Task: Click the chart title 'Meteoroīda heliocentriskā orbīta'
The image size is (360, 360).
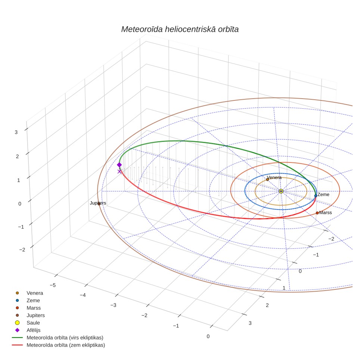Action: click(x=180, y=29)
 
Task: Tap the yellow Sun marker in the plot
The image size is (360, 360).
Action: click(x=281, y=191)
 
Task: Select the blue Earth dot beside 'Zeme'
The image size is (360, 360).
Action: click(x=316, y=196)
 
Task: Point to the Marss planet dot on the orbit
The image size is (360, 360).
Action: click(x=317, y=213)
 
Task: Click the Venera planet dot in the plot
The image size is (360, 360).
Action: click(x=267, y=180)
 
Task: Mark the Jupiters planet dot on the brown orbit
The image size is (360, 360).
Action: click(x=99, y=204)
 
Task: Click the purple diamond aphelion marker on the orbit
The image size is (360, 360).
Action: click(x=120, y=165)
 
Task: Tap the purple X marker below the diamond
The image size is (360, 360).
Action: click(x=120, y=171)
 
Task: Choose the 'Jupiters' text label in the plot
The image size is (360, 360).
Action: click(x=98, y=203)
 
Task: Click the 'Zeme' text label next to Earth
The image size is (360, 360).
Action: click(x=323, y=195)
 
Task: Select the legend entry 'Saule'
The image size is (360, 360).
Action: click(x=33, y=323)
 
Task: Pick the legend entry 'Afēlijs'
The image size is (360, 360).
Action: click(x=34, y=330)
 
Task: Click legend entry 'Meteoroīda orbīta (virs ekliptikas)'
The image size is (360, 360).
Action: click(x=65, y=338)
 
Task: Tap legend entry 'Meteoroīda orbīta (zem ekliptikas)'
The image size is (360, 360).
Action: click(x=66, y=345)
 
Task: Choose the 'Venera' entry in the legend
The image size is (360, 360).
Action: click(x=35, y=293)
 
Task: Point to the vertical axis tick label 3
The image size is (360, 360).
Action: click(x=16, y=132)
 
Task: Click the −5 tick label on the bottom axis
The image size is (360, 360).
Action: click(x=53, y=285)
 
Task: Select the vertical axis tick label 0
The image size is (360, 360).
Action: click(x=20, y=204)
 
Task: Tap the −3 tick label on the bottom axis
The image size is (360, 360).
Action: click(x=114, y=305)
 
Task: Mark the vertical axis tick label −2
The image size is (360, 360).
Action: click(x=22, y=249)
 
